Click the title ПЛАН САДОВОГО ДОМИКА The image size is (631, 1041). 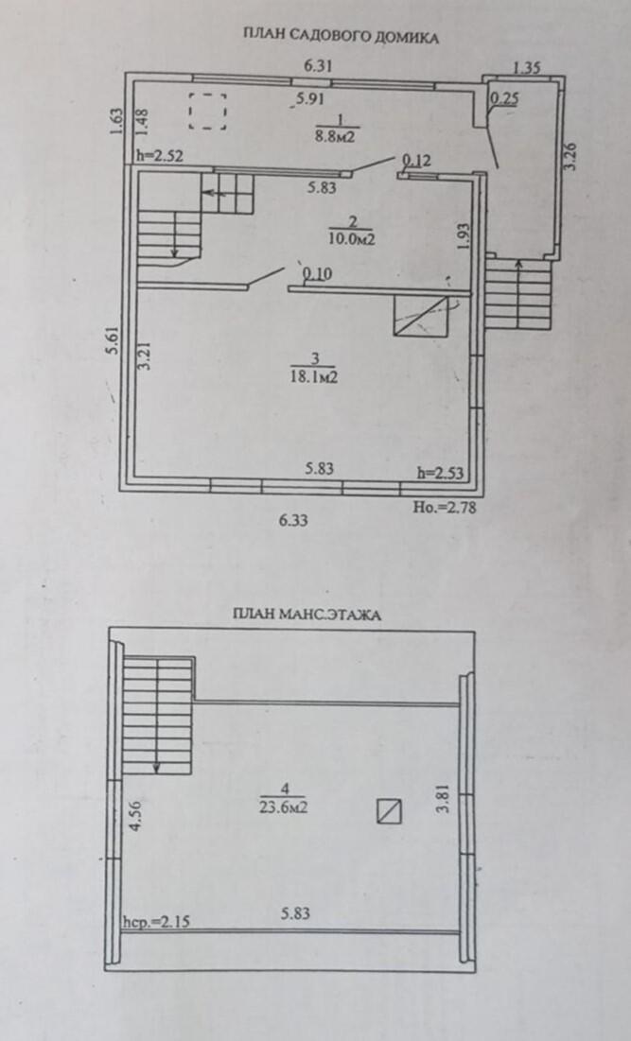pyautogui.click(x=340, y=37)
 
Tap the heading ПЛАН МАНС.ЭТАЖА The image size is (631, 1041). pyautogui.click(x=307, y=615)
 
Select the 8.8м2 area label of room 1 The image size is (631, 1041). pyautogui.click(x=336, y=137)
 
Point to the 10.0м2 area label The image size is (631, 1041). pyautogui.click(x=351, y=238)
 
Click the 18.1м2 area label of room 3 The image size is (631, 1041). pyautogui.click(x=315, y=376)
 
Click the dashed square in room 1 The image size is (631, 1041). pyautogui.click(x=208, y=111)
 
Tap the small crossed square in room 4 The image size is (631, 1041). pyautogui.click(x=389, y=811)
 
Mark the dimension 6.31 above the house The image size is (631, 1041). pyautogui.click(x=318, y=66)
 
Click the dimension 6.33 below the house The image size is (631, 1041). pyautogui.click(x=293, y=520)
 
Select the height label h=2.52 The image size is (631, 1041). pyautogui.click(x=160, y=156)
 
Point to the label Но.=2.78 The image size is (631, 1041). pyautogui.click(x=445, y=507)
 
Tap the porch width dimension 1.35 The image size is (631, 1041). pyautogui.click(x=527, y=67)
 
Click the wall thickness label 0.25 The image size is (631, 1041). pyautogui.click(x=504, y=98)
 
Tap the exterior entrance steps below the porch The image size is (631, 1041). pyautogui.click(x=518, y=294)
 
